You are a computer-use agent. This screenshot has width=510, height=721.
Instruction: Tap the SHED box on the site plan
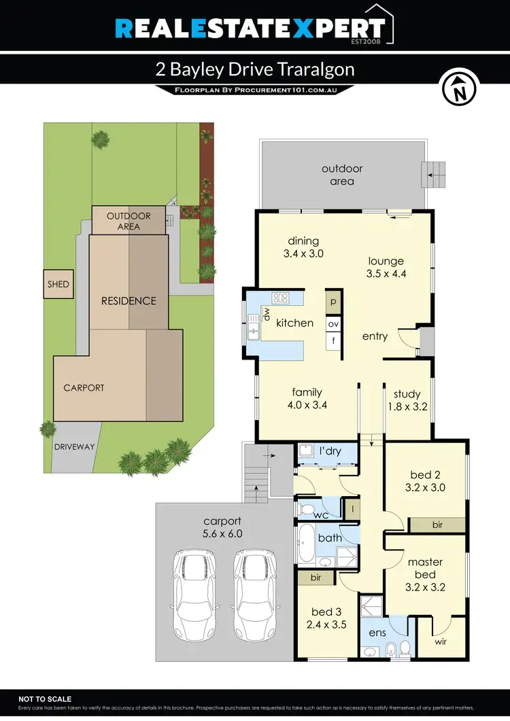pyautogui.click(x=58, y=285)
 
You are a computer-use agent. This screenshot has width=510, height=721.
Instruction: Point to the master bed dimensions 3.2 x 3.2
pyautogui.click(x=426, y=587)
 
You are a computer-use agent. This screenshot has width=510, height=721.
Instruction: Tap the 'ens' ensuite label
pyautogui.click(x=377, y=633)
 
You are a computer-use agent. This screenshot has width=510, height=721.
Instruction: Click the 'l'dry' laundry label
pyautogui.click(x=329, y=451)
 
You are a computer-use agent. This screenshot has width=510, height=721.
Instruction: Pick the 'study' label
pyautogui.click(x=407, y=393)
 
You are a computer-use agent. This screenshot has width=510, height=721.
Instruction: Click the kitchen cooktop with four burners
pyautogui.click(x=280, y=298)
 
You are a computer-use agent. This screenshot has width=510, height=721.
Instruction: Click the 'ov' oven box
pyautogui.click(x=334, y=324)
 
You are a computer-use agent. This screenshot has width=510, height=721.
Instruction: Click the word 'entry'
pyautogui.click(x=375, y=336)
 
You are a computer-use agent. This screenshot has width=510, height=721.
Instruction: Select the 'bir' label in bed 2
pyautogui.click(x=438, y=525)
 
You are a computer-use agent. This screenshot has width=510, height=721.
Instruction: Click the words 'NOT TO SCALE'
pyautogui.click(x=45, y=699)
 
